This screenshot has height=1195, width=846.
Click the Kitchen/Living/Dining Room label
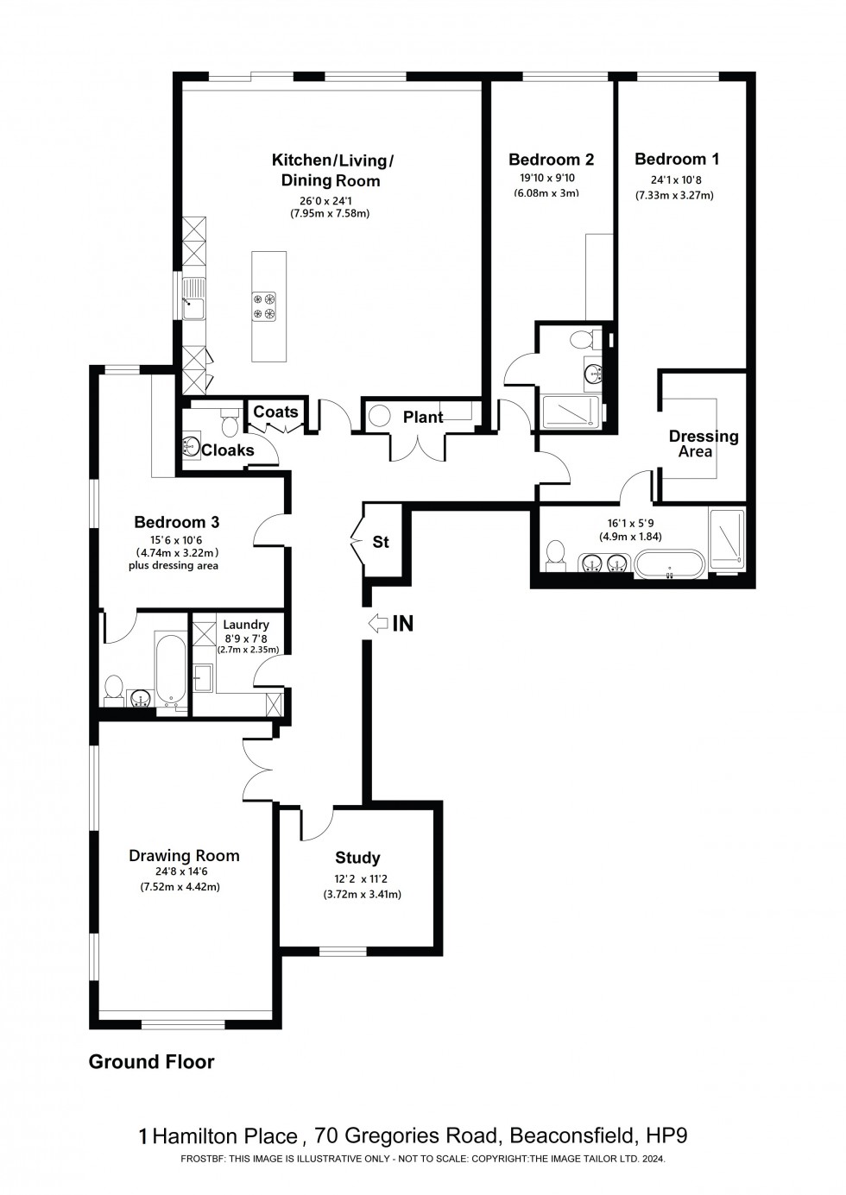point(331,170)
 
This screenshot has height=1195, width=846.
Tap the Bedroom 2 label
point(551,160)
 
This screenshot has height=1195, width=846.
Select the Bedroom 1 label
point(676,159)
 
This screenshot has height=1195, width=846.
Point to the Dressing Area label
point(703,443)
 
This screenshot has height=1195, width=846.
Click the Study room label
point(357,858)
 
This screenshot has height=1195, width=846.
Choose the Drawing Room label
point(184,856)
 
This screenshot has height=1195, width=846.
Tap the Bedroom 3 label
point(176,522)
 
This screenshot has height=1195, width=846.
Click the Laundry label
point(245,625)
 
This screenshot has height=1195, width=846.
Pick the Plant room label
point(423,418)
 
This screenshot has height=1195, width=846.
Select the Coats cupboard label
point(275,412)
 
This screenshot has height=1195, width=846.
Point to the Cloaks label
point(227,450)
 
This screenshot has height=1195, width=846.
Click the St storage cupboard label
point(381,542)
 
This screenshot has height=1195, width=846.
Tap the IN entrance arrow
point(378,623)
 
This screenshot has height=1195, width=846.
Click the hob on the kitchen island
point(264,306)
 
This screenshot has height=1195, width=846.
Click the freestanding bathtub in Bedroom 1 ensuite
point(669,563)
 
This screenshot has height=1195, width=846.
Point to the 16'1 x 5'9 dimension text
point(630,523)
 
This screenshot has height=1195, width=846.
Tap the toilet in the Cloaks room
point(230,424)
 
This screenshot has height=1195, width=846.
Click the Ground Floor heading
point(151,1062)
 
